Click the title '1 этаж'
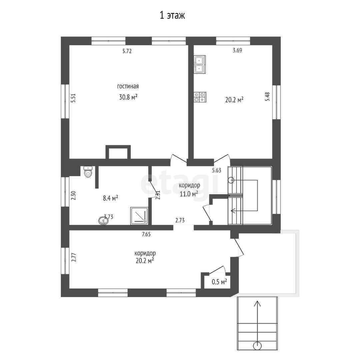point(172,16)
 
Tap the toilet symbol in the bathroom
point(88,172)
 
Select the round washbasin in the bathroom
point(104,221)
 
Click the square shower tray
point(139,216)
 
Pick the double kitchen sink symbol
point(200,65)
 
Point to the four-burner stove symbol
point(200,97)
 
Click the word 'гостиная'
point(128,86)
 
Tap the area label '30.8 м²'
point(128,97)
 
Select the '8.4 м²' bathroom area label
point(110,198)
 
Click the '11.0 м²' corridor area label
point(189,194)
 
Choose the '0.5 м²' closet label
point(219,282)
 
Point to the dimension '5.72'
point(127,51)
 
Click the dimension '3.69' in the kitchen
point(237,50)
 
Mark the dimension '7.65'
point(146,234)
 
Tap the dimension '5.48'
point(267,96)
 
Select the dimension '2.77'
point(73,257)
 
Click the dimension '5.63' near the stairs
point(217,170)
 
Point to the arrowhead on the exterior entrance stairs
point(257,304)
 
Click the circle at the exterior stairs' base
point(257,346)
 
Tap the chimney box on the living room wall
point(118,152)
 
